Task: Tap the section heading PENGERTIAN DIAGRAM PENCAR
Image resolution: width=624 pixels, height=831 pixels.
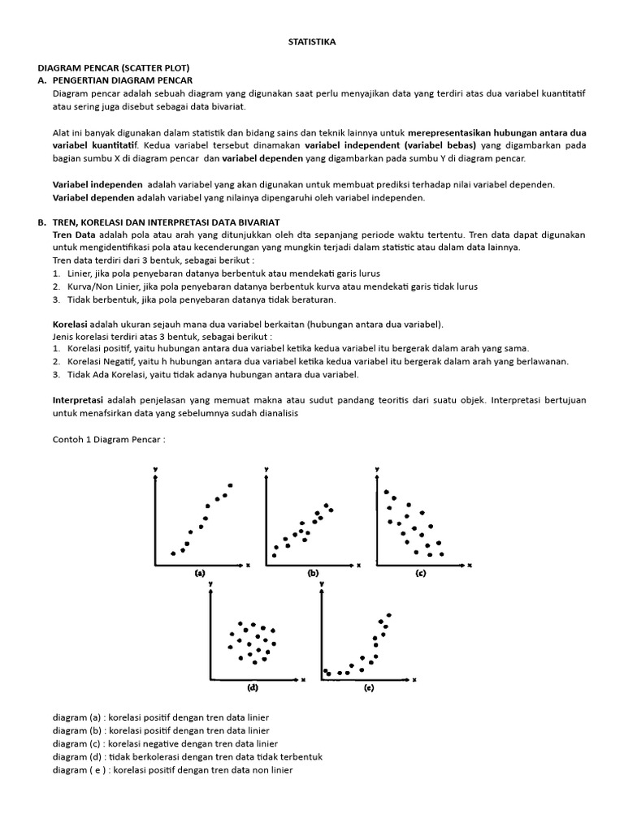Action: tap(122, 81)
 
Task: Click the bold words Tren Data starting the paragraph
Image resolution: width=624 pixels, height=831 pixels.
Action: tap(74, 235)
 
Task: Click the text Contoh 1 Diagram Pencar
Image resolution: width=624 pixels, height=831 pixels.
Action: tap(109, 439)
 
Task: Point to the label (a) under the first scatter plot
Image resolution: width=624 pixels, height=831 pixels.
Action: tap(199, 572)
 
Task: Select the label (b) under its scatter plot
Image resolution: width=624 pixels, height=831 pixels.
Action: tap(313, 572)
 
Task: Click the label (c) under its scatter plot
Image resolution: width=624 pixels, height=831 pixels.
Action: tap(420, 572)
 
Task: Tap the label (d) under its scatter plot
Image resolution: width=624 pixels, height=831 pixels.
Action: tap(253, 687)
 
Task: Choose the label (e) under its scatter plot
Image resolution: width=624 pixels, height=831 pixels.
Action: tap(368, 687)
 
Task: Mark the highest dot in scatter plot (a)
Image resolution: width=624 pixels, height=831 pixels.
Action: tap(231, 485)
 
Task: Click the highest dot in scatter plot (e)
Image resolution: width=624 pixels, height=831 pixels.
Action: tap(389, 614)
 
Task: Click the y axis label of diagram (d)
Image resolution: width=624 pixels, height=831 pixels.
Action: tap(210, 583)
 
